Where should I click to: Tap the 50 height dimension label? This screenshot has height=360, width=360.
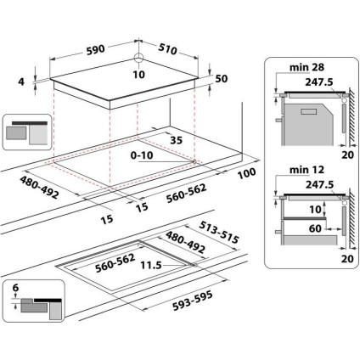222,78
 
